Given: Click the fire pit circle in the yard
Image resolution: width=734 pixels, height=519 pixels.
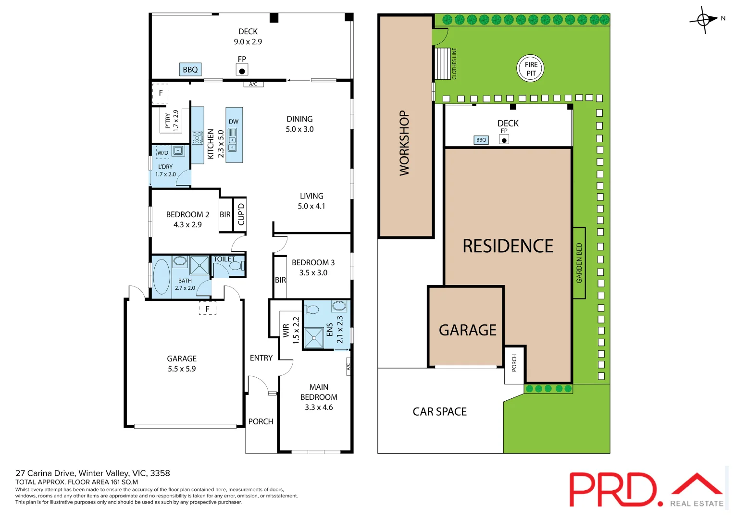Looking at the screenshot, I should click(x=530, y=69).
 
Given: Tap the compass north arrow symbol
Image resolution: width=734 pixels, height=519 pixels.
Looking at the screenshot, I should click(x=704, y=20).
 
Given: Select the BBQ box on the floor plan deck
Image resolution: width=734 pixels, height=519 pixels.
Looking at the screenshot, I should click(x=190, y=70).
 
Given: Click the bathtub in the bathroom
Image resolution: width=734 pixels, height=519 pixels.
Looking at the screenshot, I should click(x=162, y=277).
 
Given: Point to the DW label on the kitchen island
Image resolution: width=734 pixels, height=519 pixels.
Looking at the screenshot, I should click(x=234, y=122).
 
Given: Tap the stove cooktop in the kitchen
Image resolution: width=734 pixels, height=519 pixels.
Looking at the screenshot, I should click(x=197, y=138).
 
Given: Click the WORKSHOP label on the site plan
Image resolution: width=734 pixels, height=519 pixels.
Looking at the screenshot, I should click(x=404, y=143).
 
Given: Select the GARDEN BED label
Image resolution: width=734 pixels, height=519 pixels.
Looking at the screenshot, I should click(x=579, y=263).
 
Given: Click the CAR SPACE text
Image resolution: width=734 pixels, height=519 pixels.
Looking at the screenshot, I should click(x=439, y=412).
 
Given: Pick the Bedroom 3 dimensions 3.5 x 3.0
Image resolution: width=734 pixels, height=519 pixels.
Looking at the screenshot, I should click(x=313, y=273).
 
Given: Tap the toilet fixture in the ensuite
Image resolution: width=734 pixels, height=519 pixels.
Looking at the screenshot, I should click(x=312, y=309).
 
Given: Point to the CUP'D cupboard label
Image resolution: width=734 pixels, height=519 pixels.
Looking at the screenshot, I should click(x=241, y=214).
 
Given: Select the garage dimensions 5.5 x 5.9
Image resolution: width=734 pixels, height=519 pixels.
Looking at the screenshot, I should click(x=182, y=369).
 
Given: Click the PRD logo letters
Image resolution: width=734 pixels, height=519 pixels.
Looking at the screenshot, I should click(x=612, y=489).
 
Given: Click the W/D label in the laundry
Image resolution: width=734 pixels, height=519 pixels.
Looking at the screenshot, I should click(x=163, y=153).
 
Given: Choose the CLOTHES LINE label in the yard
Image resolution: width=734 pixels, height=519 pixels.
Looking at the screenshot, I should click(x=454, y=63).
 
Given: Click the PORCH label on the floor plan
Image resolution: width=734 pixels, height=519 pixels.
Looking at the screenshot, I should click(x=261, y=421).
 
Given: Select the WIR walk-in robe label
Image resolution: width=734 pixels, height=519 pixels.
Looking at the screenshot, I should click(x=286, y=331).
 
